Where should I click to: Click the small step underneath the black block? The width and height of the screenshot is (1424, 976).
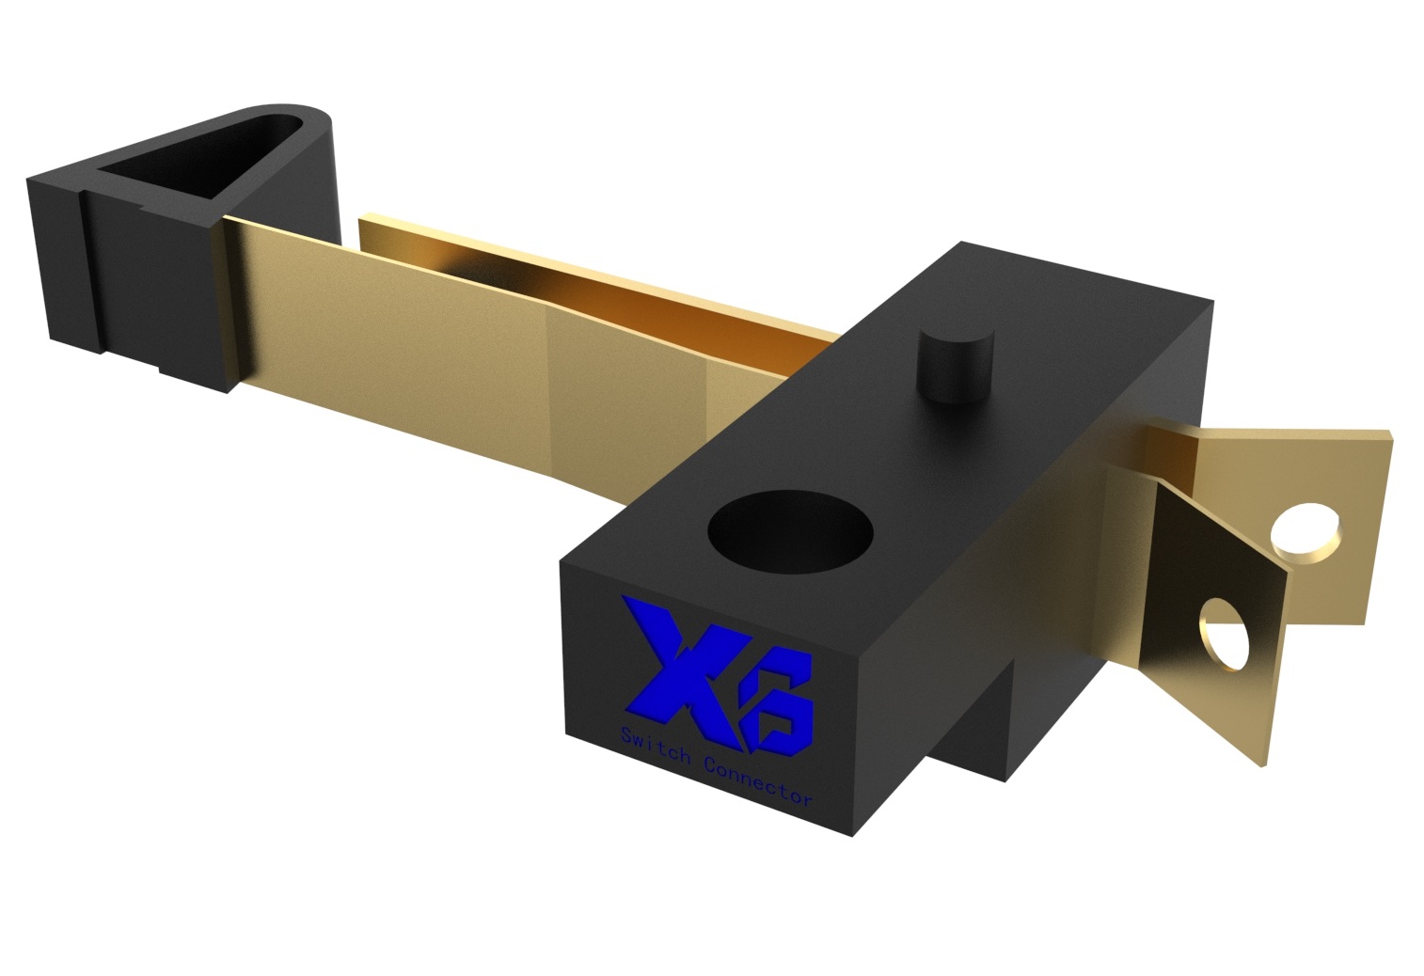pyautogui.click(x=978, y=733)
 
